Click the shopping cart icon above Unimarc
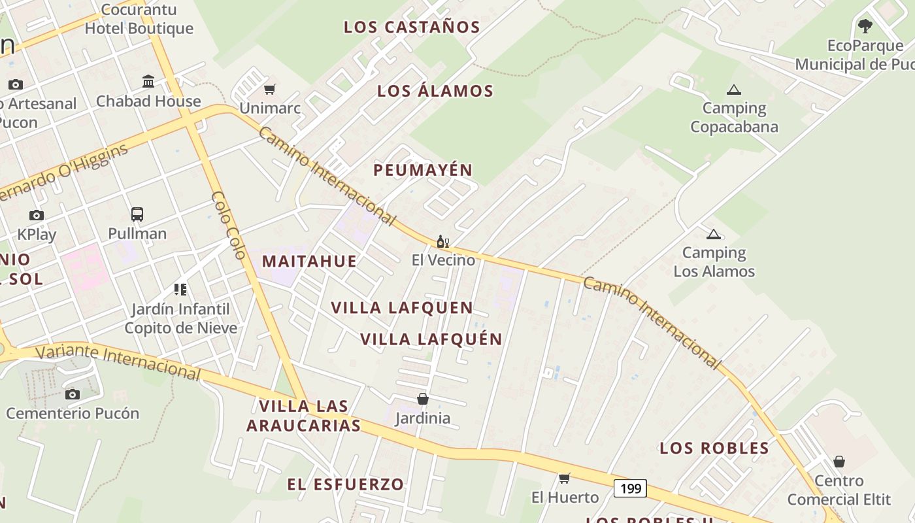click(269, 89)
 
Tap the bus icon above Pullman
click(137, 214)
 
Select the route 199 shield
click(630, 488)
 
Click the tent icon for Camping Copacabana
click(734, 90)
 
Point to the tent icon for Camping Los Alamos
click(714, 234)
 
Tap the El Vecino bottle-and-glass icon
click(442, 241)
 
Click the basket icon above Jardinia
click(423, 398)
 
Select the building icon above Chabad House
click(148, 82)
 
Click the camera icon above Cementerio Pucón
click(73, 394)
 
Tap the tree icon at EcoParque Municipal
click(865, 26)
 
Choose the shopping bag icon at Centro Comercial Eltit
click(839, 462)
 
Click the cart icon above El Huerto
click(565, 478)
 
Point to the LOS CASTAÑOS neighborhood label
click(412, 27)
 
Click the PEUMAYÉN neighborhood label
click(422, 170)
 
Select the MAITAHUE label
click(309, 261)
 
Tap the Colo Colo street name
click(228, 225)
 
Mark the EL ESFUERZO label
click(346, 484)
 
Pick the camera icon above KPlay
click(37, 215)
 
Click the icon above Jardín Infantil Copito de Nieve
click(180, 289)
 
